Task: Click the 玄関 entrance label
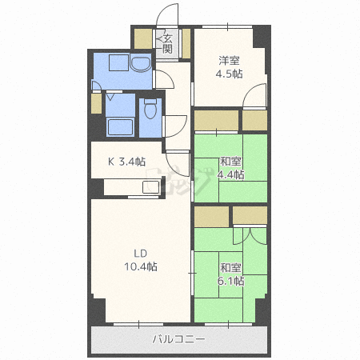(167, 44)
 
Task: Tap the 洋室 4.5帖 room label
(229, 67)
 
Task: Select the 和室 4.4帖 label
(230, 168)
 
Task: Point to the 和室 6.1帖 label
(230, 274)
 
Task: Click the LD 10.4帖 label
(141, 260)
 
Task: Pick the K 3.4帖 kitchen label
(126, 162)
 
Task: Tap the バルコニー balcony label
(179, 339)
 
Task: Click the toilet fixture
(150, 108)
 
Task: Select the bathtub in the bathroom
(120, 127)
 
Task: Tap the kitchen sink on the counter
(151, 187)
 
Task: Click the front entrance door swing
(167, 15)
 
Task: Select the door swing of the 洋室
(255, 95)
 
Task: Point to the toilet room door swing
(175, 126)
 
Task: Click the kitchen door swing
(177, 163)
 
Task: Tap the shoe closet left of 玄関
(143, 38)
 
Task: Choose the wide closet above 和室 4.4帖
(216, 120)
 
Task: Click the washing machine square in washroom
(119, 63)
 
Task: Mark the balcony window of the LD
(138, 324)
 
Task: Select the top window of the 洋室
(227, 26)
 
